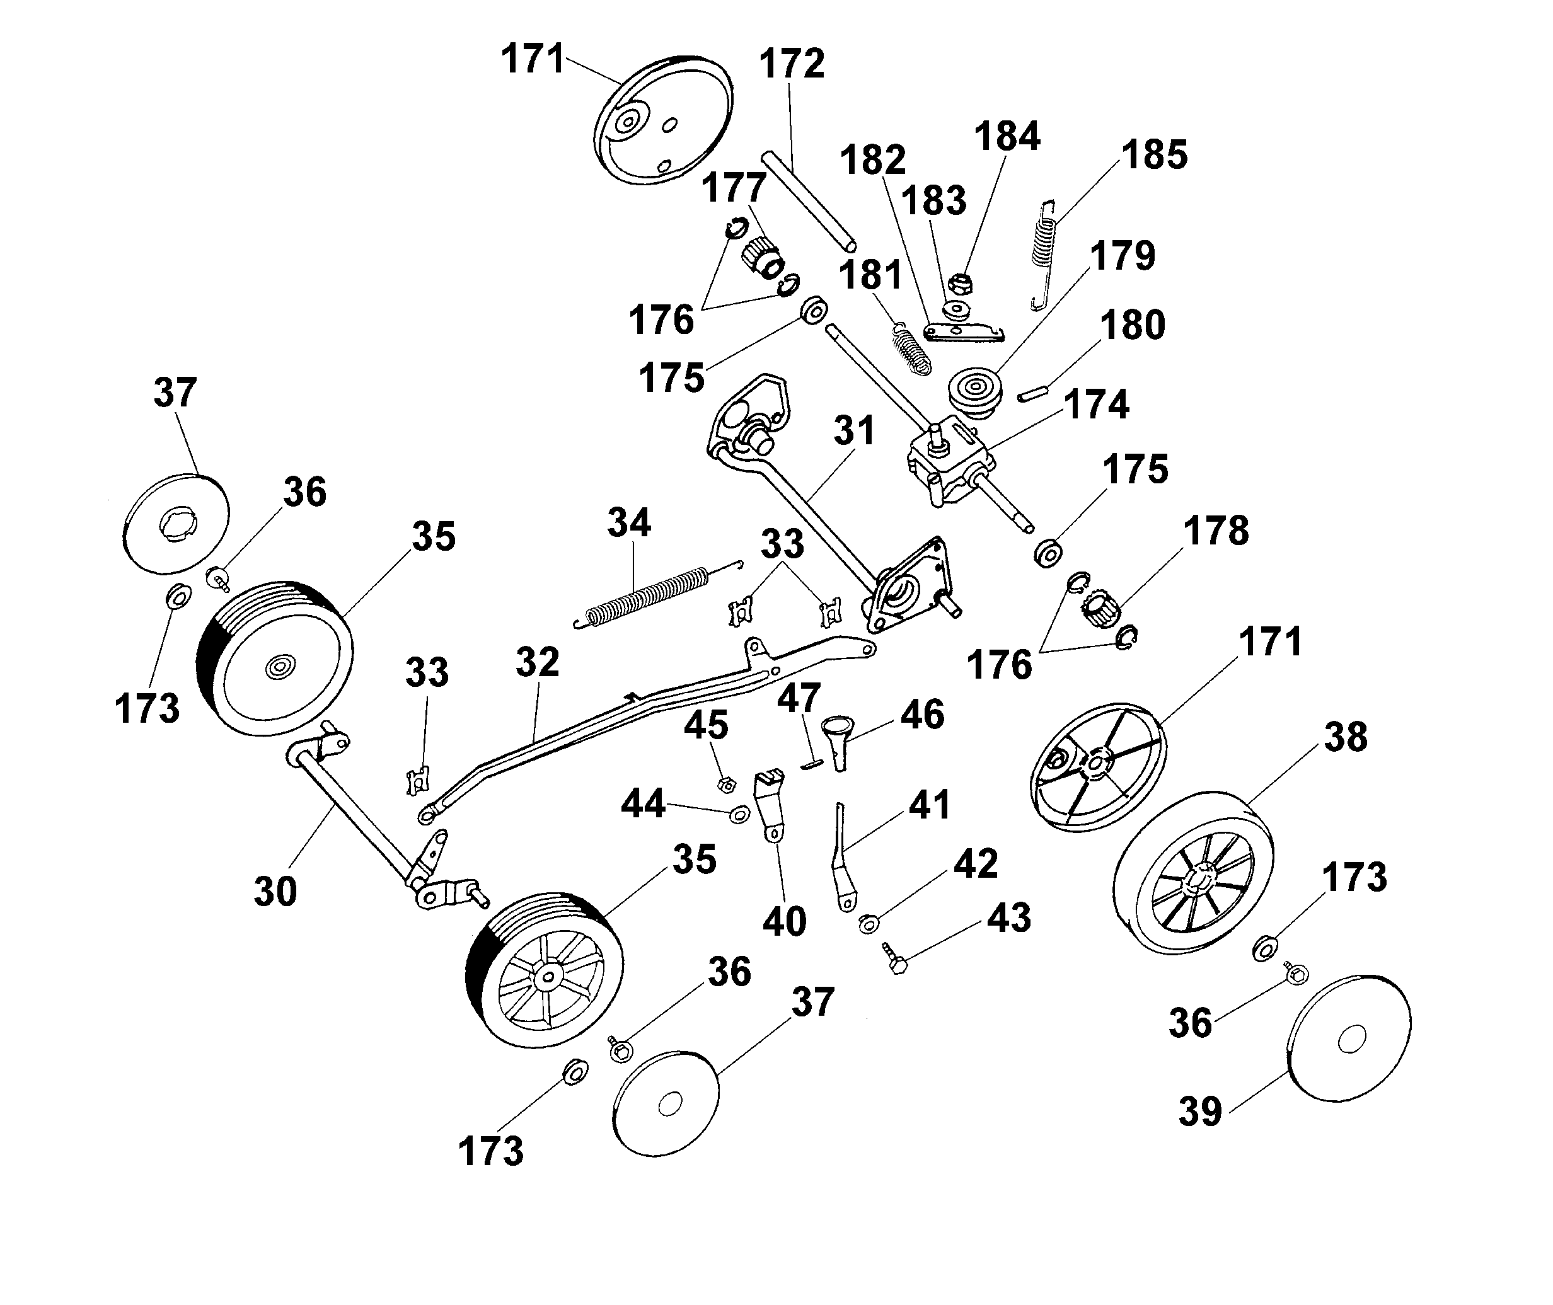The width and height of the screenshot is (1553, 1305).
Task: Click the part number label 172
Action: [x=792, y=64]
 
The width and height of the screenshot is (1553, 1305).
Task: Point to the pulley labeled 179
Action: [x=975, y=393]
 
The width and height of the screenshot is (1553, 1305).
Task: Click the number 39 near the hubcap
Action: [x=1200, y=1110]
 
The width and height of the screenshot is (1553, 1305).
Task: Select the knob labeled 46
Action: [x=839, y=741]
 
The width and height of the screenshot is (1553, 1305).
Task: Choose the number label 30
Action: [x=275, y=892]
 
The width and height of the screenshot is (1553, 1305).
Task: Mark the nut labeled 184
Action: [x=960, y=282]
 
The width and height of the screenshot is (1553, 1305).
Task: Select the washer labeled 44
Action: [x=740, y=815]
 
